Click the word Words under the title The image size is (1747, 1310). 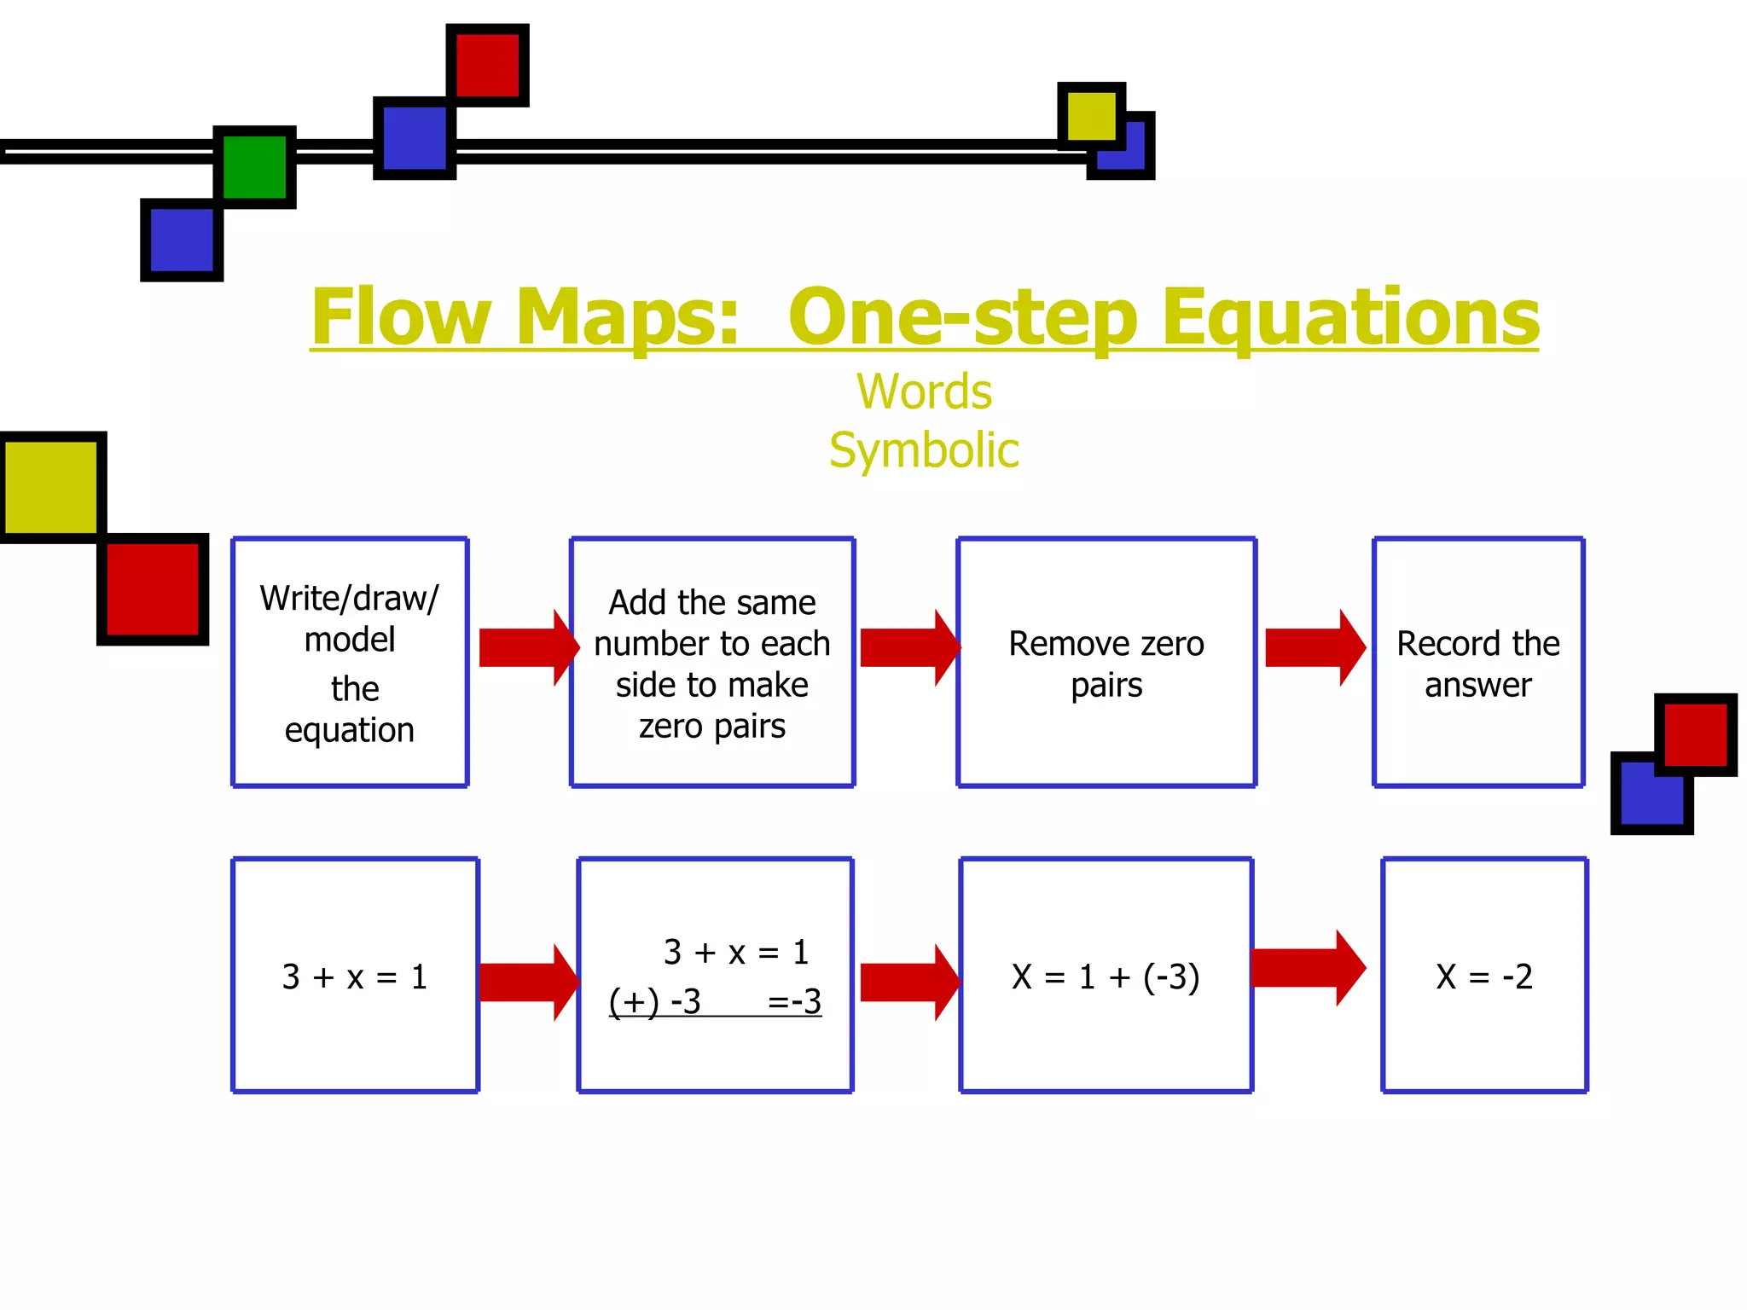pos(924,392)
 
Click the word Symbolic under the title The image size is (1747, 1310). pos(924,450)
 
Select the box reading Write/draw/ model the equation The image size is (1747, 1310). pos(350,662)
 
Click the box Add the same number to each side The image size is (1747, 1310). pos(712,662)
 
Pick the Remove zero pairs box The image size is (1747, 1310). pos(1106,662)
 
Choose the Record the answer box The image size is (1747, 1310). pos(1478,662)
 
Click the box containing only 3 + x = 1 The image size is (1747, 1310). pos(355,975)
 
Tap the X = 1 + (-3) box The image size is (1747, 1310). pos(1106,975)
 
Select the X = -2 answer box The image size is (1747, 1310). pos(1484,975)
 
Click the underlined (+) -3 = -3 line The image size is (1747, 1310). pos(715,1001)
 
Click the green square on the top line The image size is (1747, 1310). pos(255,167)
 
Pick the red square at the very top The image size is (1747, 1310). pos(488,65)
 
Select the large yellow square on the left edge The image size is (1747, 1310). pos(52,487)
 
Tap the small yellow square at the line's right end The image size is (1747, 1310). pos(1091,116)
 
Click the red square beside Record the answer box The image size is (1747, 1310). pos(1695,734)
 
